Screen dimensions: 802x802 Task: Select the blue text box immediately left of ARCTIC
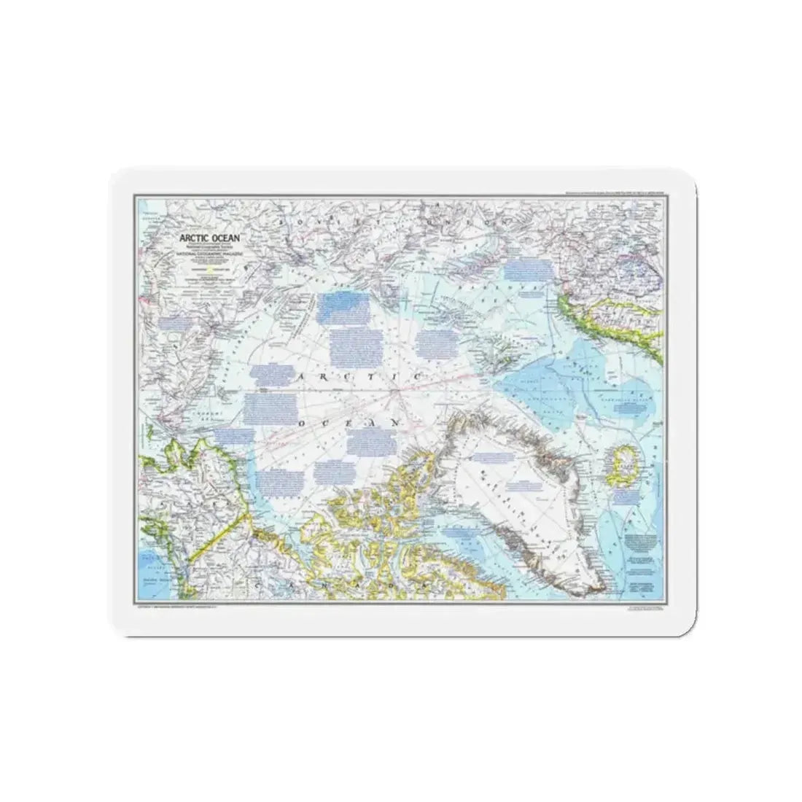coord(269,374)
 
